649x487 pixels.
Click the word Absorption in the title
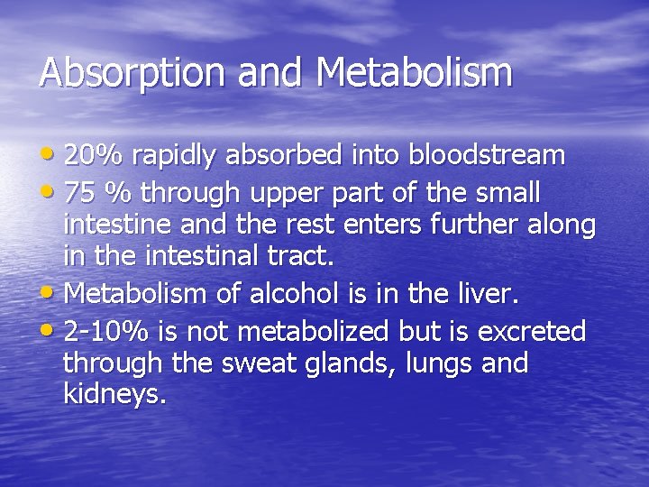point(119,73)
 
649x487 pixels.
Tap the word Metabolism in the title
point(415,72)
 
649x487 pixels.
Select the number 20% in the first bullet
point(95,156)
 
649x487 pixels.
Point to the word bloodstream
point(487,156)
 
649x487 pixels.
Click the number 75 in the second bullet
point(81,193)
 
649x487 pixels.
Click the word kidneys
point(115,394)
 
